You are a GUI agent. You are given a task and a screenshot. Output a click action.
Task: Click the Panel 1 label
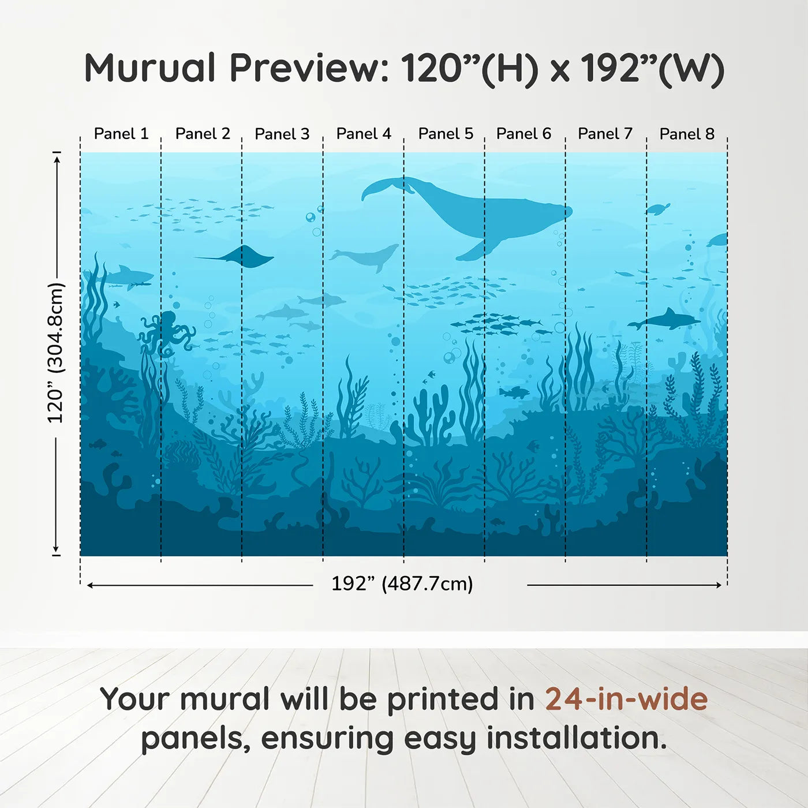[x=121, y=134]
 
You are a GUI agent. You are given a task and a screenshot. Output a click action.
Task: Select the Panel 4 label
[x=364, y=134]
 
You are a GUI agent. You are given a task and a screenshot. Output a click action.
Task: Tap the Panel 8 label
[x=687, y=134]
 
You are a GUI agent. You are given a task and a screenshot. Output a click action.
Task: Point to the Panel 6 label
[x=523, y=134]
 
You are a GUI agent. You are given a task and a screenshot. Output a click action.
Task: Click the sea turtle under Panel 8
[x=658, y=208]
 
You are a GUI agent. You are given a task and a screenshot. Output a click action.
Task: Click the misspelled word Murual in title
[x=150, y=68]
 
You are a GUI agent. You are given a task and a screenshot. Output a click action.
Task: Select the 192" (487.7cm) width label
[x=402, y=584]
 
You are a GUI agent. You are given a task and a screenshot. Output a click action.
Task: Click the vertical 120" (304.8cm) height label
[x=56, y=353]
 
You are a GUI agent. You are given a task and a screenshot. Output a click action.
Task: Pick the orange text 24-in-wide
[x=626, y=699]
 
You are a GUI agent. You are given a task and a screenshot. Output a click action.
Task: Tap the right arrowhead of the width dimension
[x=719, y=585]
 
